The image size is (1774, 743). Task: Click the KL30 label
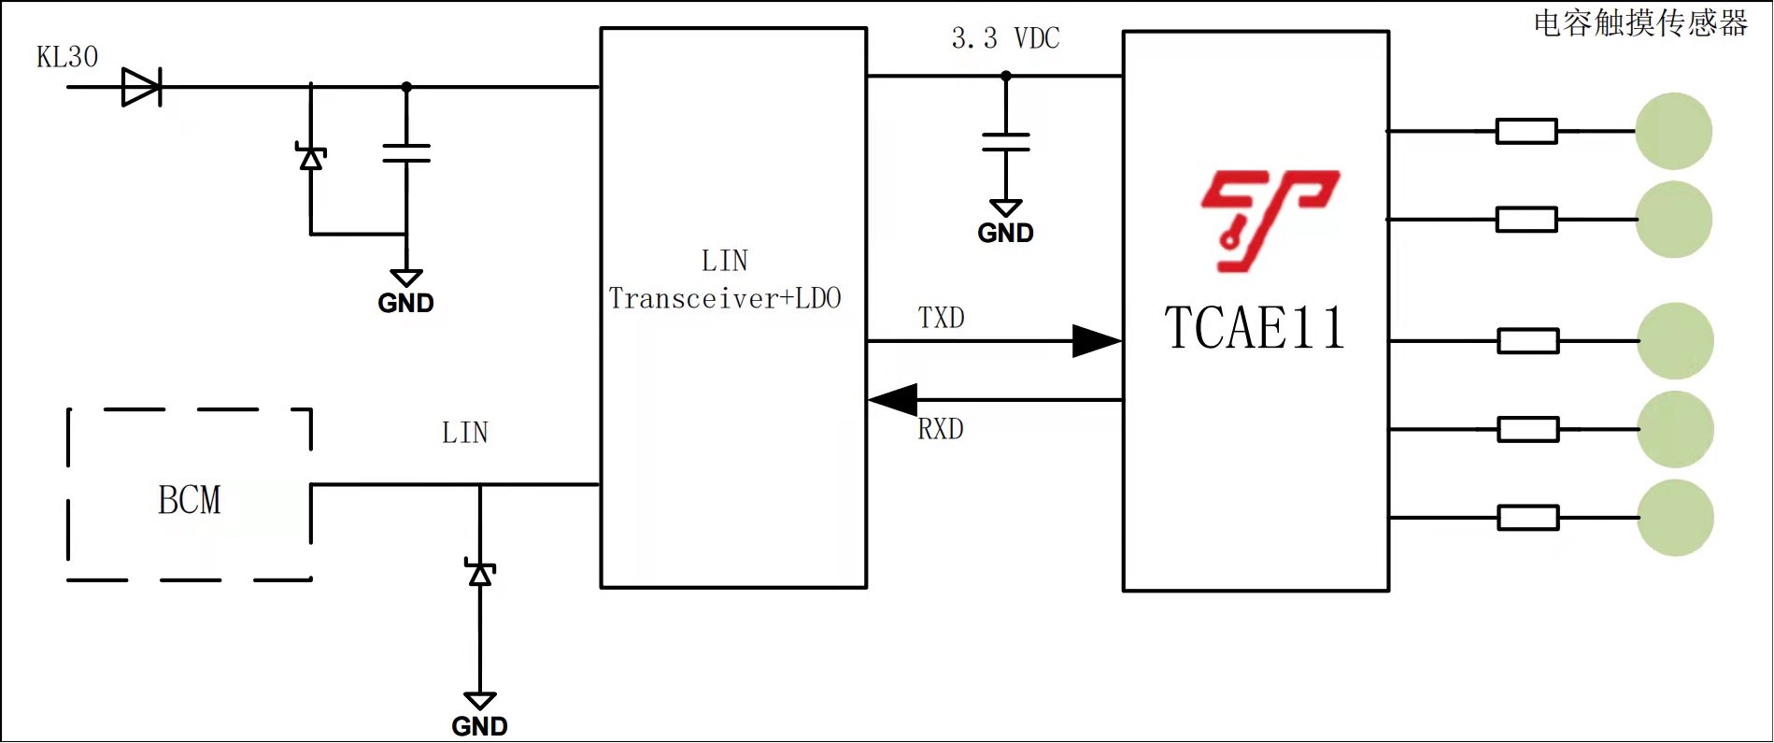[67, 57]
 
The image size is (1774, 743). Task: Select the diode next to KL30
[141, 87]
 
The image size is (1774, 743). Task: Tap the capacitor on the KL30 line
[406, 153]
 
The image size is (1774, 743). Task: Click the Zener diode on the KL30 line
[311, 158]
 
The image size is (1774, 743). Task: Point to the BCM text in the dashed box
[190, 500]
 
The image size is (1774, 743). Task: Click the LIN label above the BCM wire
[465, 433]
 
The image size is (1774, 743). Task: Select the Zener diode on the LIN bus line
[480, 574]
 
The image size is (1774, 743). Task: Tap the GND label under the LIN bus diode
[479, 726]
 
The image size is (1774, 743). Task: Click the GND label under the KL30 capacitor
[405, 303]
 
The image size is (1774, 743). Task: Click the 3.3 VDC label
[1005, 38]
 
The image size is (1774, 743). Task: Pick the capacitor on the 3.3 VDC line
[1006, 142]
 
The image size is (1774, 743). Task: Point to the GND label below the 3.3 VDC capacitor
[1005, 233]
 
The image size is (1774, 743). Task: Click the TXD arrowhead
[1096, 341]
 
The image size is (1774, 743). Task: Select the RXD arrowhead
[893, 400]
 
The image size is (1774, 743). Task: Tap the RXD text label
[941, 429]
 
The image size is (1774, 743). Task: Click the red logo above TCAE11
[1269, 221]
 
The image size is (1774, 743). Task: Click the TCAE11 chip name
[1255, 328]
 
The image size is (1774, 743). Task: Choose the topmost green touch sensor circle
[1673, 131]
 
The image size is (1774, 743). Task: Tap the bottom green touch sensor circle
[1675, 518]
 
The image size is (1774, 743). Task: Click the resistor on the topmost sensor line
[1526, 131]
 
